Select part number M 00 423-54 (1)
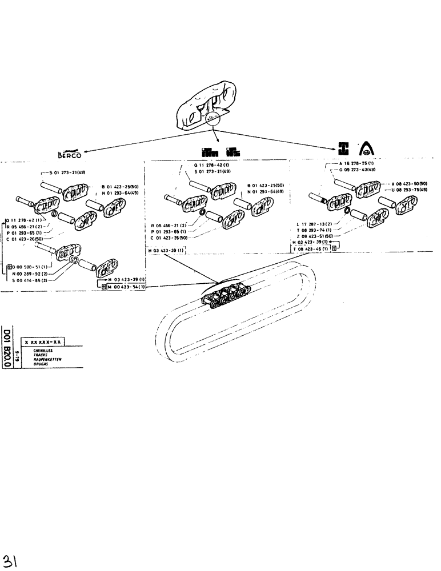click(x=126, y=287)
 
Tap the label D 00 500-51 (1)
click(x=28, y=267)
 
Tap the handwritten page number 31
click(x=10, y=558)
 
